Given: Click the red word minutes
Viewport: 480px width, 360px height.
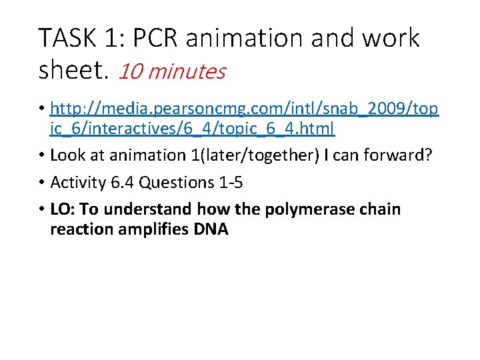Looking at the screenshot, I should (x=187, y=71).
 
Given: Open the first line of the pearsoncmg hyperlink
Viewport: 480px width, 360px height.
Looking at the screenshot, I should (x=244, y=109).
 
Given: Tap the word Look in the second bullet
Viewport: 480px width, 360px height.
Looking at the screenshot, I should (x=67, y=155).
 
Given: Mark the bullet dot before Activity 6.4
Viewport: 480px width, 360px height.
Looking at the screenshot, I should (x=41, y=182).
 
